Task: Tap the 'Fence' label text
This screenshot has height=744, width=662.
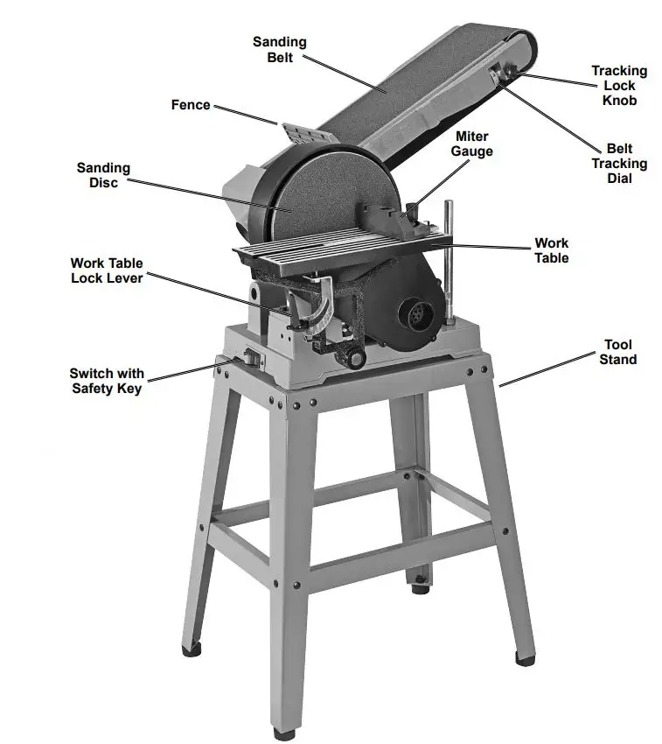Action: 191,105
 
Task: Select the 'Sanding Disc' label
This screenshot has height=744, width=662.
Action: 103,175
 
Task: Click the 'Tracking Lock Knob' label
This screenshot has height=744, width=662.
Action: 619,85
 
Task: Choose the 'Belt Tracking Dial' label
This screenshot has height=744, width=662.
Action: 619,164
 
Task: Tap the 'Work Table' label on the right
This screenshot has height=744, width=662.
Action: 552,250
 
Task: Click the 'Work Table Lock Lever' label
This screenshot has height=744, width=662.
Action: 107,270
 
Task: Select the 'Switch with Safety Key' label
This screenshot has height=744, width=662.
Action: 107,381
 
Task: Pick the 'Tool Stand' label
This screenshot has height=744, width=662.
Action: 617,352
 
